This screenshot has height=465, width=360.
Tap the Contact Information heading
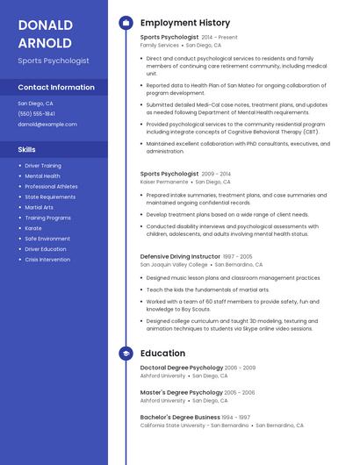[x=56, y=88]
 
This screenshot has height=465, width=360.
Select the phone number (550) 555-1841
[x=36, y=114]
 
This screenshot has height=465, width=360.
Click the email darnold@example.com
[x=47, y=125]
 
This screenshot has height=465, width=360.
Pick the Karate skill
[x=34, y=228]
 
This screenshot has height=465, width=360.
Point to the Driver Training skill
[x=43, y=165]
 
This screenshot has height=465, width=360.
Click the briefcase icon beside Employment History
[x=126, y=23]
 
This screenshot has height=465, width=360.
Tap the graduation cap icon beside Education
[x=126, y=353]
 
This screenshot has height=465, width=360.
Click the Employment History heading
[x=185, y=23]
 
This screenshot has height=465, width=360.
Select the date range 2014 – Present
[x=220, y=38]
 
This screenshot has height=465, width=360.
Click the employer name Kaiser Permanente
[x=165, y=182]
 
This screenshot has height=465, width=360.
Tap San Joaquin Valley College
[x=174, y=264]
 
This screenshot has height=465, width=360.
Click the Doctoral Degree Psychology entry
[x=182, y=368]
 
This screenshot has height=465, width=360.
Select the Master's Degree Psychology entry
[x=182, y=392]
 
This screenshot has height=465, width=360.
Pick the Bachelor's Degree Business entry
[x=180, y=417]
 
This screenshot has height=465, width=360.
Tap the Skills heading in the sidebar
[x=26, y=150]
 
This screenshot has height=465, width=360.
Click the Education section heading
[x=162, y=353]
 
